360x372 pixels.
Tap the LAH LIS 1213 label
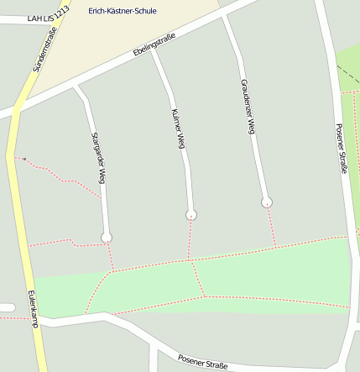click(x=48, y=17)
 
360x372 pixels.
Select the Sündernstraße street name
click(x=44, y=50)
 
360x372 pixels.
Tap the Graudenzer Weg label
click(x=248, y=107)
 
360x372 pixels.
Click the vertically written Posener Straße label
click(x=341, y=149)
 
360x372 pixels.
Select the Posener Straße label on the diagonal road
click(x=202, y=362)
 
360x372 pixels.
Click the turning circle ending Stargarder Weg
click(x=107, y=238)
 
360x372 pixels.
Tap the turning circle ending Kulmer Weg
click(x=191, y=216)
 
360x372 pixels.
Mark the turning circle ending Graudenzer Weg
click(x=267, y=202)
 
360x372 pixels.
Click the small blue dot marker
click(x=25, y=160)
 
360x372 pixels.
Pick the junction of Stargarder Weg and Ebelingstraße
click(x=76, y=86)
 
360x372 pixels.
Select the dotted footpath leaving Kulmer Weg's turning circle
click(x=190, y=238)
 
